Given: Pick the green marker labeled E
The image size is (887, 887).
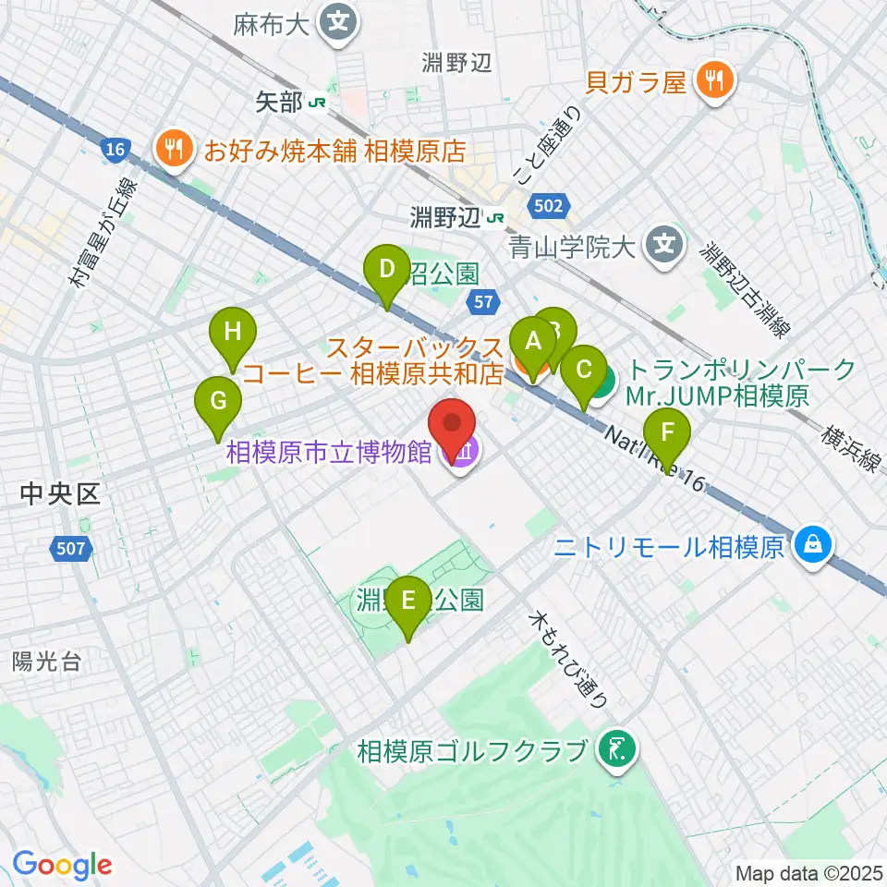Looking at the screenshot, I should point(407,606).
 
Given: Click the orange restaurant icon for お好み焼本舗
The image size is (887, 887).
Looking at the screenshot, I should point(173,148).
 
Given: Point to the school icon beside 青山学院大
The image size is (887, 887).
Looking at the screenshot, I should point(663,245).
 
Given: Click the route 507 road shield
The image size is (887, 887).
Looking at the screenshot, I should point(74,550).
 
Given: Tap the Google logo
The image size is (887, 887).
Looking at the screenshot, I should point(62,865).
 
